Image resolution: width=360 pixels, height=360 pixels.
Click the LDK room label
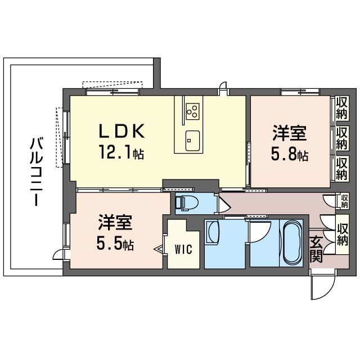(123, 132)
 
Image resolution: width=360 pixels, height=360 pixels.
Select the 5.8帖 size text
(290, 155)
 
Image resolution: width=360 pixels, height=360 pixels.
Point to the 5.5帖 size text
(115, 245)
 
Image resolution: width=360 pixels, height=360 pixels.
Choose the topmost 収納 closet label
(341, 107)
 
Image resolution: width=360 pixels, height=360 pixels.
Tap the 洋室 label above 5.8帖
(289, 135)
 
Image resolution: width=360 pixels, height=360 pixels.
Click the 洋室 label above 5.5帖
(115, 224)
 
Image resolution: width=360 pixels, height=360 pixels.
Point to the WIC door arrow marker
(160, 247)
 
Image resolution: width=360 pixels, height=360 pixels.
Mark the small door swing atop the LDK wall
(224, 87)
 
